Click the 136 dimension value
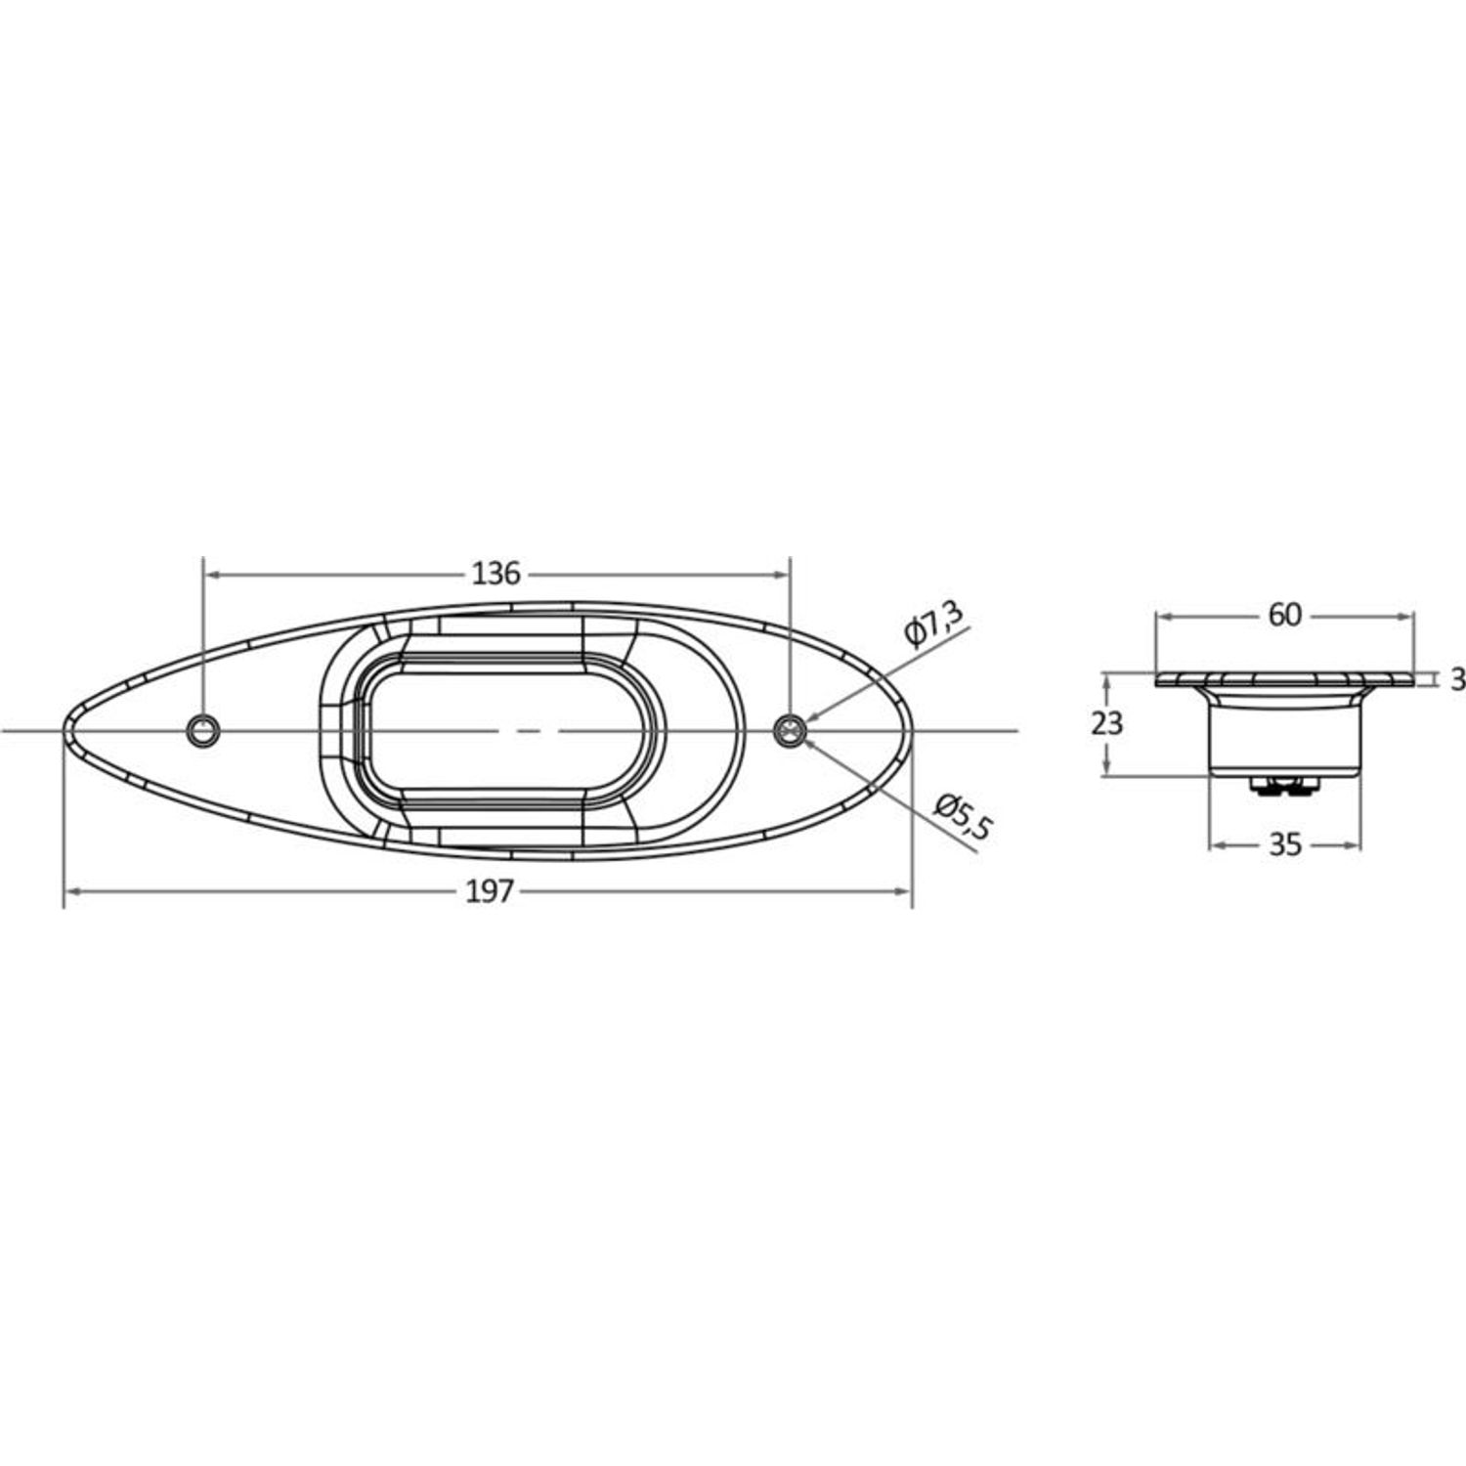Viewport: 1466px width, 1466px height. click(x=496, y=574)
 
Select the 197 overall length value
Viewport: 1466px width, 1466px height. click(x=490, y=891)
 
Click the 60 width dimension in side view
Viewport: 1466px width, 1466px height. click(x=1285, y=615)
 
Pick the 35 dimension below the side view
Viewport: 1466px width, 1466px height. click(x=1286, y=844)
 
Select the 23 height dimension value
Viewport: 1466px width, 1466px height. click(x=1107, y=724)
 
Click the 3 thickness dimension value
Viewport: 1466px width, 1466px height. click(x=1457, y=679)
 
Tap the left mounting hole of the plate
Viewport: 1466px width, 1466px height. click(x=203, y=730)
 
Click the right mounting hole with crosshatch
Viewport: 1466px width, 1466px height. click(x=790, y=730)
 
